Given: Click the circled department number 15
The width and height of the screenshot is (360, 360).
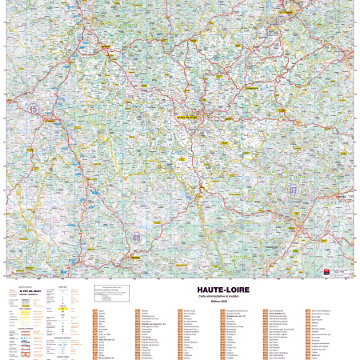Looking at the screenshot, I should click(33, 108).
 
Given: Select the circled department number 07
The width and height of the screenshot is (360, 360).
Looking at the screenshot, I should click(293, 190).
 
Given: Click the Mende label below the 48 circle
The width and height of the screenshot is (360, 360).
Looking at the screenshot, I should click(134, 258).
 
